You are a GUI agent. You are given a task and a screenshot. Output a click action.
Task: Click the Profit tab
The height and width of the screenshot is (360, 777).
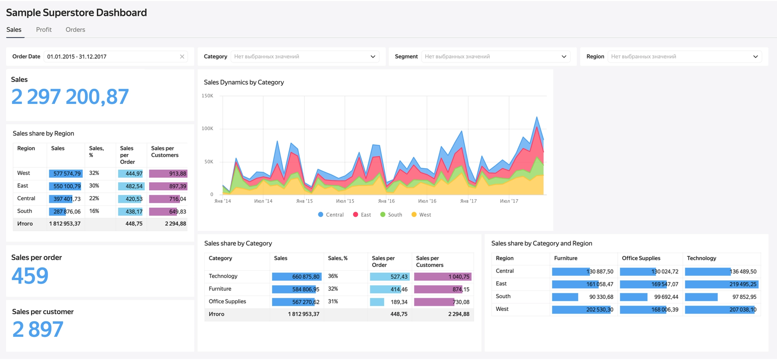pos(44,30)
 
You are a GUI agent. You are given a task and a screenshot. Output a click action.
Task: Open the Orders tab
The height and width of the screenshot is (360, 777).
pos(75,30)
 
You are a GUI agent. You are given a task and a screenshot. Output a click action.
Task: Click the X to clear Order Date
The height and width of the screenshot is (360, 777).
pos(182,57)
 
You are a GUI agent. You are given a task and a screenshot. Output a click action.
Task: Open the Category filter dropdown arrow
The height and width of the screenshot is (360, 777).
pos(373,57)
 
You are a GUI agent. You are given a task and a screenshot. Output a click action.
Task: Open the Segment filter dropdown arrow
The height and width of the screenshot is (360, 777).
pos(564,57)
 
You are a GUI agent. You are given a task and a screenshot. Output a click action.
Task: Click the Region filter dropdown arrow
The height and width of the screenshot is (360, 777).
pos(755,57)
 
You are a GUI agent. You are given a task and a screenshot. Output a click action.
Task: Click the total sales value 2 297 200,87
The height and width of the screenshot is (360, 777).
pos(70,97)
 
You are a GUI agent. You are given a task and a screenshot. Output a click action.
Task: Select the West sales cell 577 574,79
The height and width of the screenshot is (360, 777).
pos(66,174)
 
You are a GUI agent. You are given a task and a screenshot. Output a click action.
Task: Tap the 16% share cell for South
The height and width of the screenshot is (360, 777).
pos(94,211)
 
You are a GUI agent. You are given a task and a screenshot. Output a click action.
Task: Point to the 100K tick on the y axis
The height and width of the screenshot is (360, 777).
pos(208,129)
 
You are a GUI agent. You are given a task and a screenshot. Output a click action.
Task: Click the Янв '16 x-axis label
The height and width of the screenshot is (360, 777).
pos(386,201)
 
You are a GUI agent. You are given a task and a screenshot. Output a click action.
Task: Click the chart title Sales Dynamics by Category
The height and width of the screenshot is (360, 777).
pos(244,82)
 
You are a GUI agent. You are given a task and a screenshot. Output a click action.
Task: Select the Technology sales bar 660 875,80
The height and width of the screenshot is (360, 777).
pos(297,277)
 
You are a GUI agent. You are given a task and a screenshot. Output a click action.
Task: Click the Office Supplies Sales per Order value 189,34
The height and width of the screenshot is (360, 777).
pos(399,302)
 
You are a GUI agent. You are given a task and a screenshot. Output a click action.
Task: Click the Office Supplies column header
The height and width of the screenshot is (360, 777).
pos(641,258)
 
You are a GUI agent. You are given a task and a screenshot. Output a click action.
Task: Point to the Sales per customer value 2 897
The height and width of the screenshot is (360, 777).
pos(38,329)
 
